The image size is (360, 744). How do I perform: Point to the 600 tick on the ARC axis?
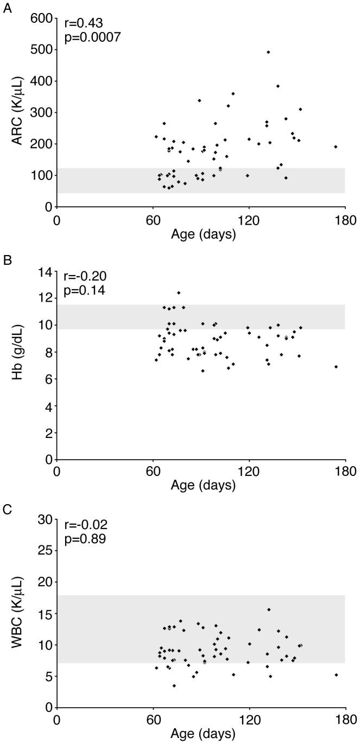pyautogui.click(x=43, y=18)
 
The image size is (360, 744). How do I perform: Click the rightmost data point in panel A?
pyautogui.click(x=336, y=147)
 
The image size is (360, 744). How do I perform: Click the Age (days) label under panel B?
pyautogui.click(x=203, y=485)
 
